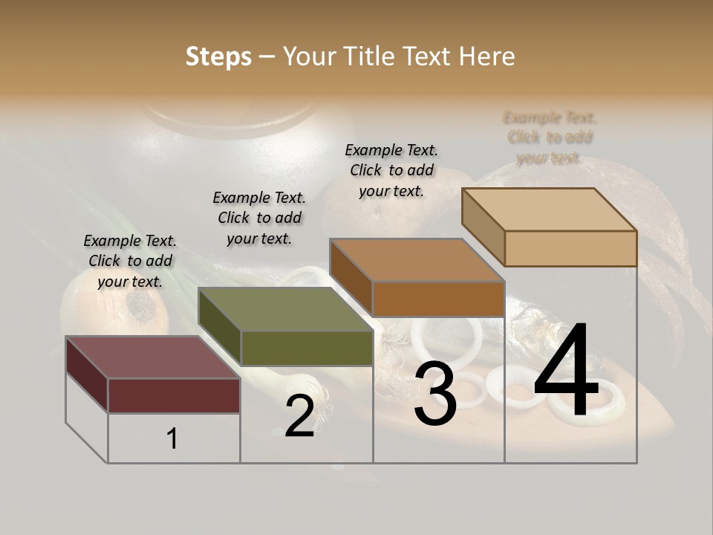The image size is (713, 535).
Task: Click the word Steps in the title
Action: [x=218, y=56]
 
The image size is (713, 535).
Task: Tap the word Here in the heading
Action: [x=486, y=56]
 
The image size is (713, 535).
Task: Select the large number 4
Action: [x=566, y=372]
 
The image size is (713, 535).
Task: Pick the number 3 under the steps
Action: [x=435, y=396]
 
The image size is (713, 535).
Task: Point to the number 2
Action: [x=299, y=416]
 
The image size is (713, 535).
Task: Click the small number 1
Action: [x=172, y=438]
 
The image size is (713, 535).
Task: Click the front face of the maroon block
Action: [x=174, y=395]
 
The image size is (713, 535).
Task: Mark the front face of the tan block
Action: [x=570, y=248]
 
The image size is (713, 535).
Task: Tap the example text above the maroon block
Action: [x=130, y=261]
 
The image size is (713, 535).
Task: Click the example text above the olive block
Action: [x=259, y=218]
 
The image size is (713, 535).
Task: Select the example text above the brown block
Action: [x=391, y=170]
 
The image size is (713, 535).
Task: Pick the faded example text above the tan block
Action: [x=550, y=137]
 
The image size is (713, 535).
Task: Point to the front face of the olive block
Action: [x=307, y=348]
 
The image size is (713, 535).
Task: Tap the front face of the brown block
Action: [x=438, y=299]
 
